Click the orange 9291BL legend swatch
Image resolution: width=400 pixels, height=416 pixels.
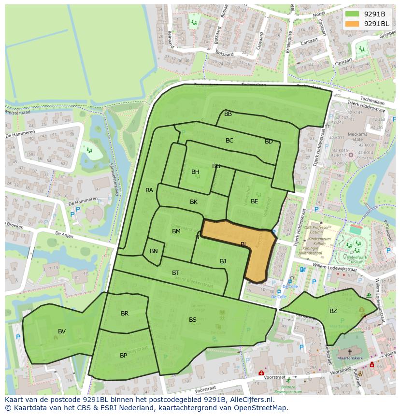[x=353, y=24]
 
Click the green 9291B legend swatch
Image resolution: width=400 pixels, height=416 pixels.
[x=353, y=14]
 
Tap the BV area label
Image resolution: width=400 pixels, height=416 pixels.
[x=62, y=331]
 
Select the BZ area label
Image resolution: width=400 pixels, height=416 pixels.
[x=333, y=311]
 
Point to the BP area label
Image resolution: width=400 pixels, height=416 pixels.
[x=124, y=356]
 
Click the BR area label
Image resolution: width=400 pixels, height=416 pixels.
[x=125, y=314]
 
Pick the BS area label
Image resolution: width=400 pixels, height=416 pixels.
[x=193, y=320]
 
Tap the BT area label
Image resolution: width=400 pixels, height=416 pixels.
[x=175, y=273]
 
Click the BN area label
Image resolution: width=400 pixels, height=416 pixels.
[x=154, y=251]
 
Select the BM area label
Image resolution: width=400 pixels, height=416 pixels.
[x=176, y=231]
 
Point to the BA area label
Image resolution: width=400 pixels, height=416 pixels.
[x=149, y=190]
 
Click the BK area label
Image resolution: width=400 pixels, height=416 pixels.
[x=194, y=202]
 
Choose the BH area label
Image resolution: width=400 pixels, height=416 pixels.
[x=195, y=172]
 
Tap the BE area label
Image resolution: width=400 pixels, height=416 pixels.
[x=254, y=201]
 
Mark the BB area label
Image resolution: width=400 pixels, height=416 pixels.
[x=228, y=114]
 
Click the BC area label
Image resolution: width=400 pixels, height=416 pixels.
[x=229, y=141]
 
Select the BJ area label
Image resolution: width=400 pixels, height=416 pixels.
[x=223, y=261]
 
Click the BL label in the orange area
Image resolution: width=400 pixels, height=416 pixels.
[x=244, y=245]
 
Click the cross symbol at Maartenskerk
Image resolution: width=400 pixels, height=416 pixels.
[x=349, y=352]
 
